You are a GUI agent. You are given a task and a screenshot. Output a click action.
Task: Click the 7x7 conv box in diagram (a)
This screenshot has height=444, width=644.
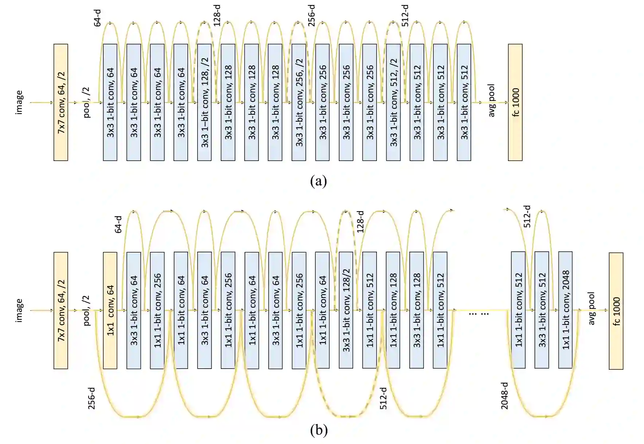click(61, 102)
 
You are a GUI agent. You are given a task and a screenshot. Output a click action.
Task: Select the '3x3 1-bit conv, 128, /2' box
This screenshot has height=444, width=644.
click(204, 102)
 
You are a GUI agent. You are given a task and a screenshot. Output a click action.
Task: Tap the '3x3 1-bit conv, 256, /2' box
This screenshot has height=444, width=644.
click(298, 102)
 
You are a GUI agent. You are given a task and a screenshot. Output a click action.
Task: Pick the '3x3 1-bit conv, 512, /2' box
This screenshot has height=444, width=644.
click(393, 102)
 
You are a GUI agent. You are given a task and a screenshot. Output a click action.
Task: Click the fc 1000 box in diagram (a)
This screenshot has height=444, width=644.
click(515, 102)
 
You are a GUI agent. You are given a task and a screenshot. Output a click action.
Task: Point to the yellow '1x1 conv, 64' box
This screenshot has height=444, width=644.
click(110, 310)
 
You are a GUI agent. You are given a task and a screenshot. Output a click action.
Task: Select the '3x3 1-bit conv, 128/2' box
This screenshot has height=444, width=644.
click(346, 310)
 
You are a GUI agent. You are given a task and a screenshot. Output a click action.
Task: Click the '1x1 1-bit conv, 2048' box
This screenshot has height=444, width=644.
click(565, 310)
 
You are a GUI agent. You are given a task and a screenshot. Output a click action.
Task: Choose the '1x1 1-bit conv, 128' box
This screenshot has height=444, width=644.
click(393, 310)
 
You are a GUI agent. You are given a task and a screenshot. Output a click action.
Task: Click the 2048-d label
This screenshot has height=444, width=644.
click(504, 396)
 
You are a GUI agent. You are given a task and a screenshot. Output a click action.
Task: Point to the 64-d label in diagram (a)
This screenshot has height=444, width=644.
click(97, 19)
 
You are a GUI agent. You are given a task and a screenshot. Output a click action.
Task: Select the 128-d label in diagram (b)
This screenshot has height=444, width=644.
click(360, 221)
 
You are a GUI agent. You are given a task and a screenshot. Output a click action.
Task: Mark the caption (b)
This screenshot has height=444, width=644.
click(319, 431)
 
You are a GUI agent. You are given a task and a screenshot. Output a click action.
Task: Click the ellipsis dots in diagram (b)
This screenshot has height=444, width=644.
click(479, 313)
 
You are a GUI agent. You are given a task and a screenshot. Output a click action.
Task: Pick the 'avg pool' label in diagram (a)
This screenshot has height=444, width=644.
click(492, 101)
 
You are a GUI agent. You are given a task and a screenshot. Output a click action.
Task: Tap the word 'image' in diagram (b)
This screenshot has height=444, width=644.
click(19, 310)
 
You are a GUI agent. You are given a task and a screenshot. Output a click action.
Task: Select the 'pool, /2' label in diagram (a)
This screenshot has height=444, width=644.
click(87, 102)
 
